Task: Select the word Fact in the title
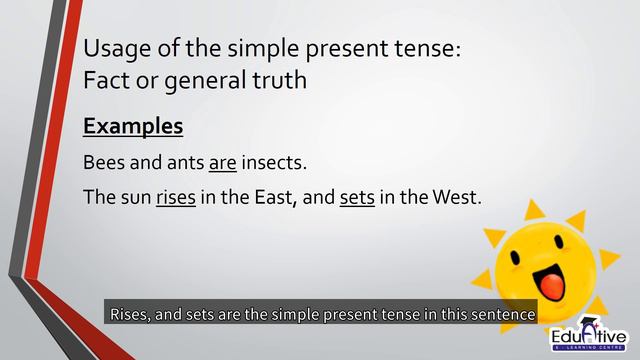[105, 81]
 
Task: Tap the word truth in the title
[280, 81]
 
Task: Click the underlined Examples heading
[133, 127]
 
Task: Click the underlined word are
[222, 162]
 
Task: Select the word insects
[274, 162]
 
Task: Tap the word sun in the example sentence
[135, 197]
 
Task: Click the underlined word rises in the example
[175, 197]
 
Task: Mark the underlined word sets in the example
[357, 197]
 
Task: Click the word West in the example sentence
[456, 197]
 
